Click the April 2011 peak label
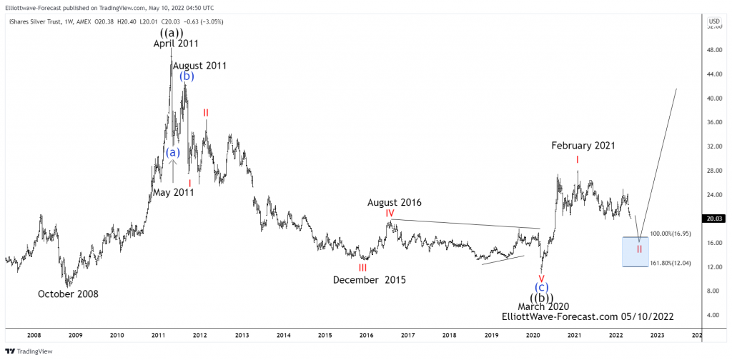[176, 44]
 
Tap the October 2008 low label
[68, 294]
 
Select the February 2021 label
[583, 146]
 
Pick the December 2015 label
[369, 280]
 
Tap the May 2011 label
[173, 192]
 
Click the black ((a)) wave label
[172, 32]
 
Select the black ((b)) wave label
[542, 297]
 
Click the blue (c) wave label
[542, 287]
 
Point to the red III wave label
[362, 268]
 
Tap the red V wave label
[541, 277]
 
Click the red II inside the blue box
[640, 249]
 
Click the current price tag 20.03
[714, 219]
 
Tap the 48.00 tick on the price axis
[713, 51]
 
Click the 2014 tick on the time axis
[283, 334]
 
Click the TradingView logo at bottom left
[26, 351]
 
